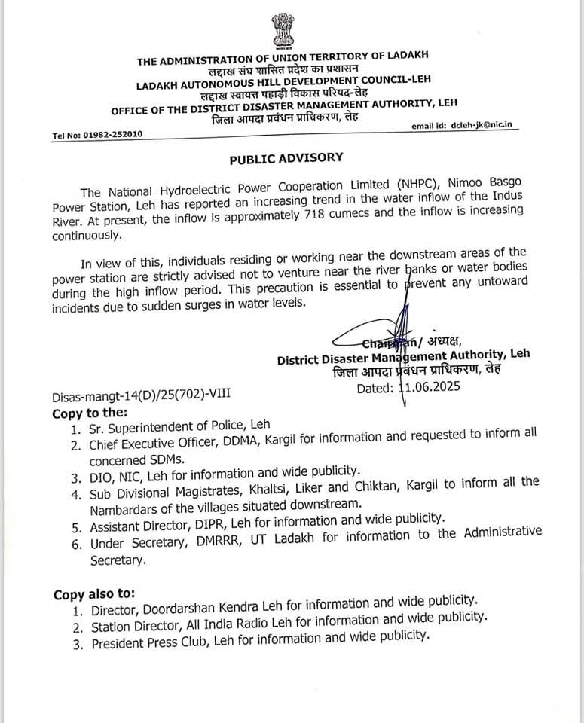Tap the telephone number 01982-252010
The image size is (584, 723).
(111, 135)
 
